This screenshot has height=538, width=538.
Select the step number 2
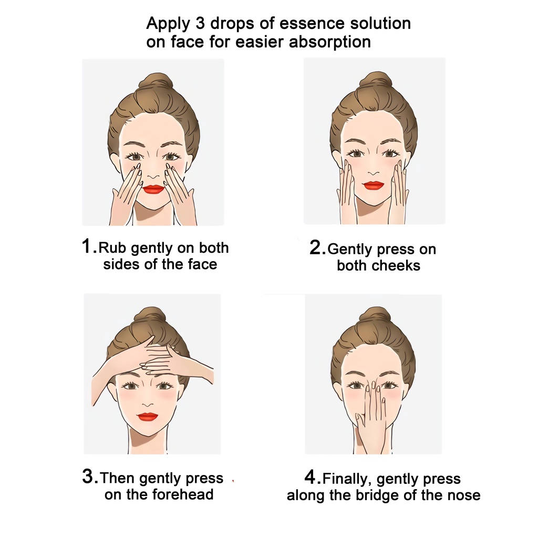(317, 247)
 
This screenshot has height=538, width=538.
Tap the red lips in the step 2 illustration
(374, 185)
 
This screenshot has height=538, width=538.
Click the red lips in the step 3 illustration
(148, 417)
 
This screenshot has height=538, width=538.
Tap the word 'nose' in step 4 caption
(463, 495)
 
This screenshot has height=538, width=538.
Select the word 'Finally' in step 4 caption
(347, 479)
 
